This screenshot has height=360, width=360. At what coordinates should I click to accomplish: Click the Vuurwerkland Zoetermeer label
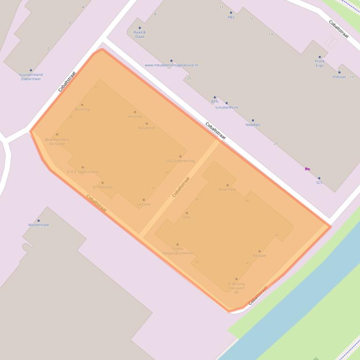[x=31, y=77]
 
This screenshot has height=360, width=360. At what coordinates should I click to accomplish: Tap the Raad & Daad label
[x=140, y=34]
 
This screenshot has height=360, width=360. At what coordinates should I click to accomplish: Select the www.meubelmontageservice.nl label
[x=171, y=65]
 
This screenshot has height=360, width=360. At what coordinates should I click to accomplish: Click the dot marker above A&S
[x=231, y=13]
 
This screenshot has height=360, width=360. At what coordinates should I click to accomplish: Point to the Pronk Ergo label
[x=320, y=63]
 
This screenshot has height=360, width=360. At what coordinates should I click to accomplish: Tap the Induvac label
[x=339, y=77]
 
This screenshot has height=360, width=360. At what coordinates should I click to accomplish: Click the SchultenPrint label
[x=227, y=108]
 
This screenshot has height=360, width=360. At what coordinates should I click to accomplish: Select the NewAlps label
[x=253, y=125]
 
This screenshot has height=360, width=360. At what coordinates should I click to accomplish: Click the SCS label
[x=319, y=182]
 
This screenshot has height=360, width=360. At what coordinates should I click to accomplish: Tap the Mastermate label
[x=38, y=225]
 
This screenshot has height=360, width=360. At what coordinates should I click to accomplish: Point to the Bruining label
[x=82, y=109]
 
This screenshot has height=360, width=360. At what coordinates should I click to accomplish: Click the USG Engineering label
[x=180, y=161]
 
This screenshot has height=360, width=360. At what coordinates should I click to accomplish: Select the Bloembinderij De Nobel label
[x=57, y=141]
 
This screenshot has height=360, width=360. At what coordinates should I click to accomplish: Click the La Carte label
[x=144, y=204]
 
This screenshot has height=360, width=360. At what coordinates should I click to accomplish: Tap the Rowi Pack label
[x=228, y=189]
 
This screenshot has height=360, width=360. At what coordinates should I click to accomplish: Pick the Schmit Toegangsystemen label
[x=177, y=251]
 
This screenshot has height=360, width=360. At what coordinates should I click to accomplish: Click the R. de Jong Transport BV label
[x=236, y=288]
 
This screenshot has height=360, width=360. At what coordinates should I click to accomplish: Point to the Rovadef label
[x=259, y=256]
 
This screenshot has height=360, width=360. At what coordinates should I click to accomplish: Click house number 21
[x=276, y=144]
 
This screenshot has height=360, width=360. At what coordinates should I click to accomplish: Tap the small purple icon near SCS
[x=307, y=169]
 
